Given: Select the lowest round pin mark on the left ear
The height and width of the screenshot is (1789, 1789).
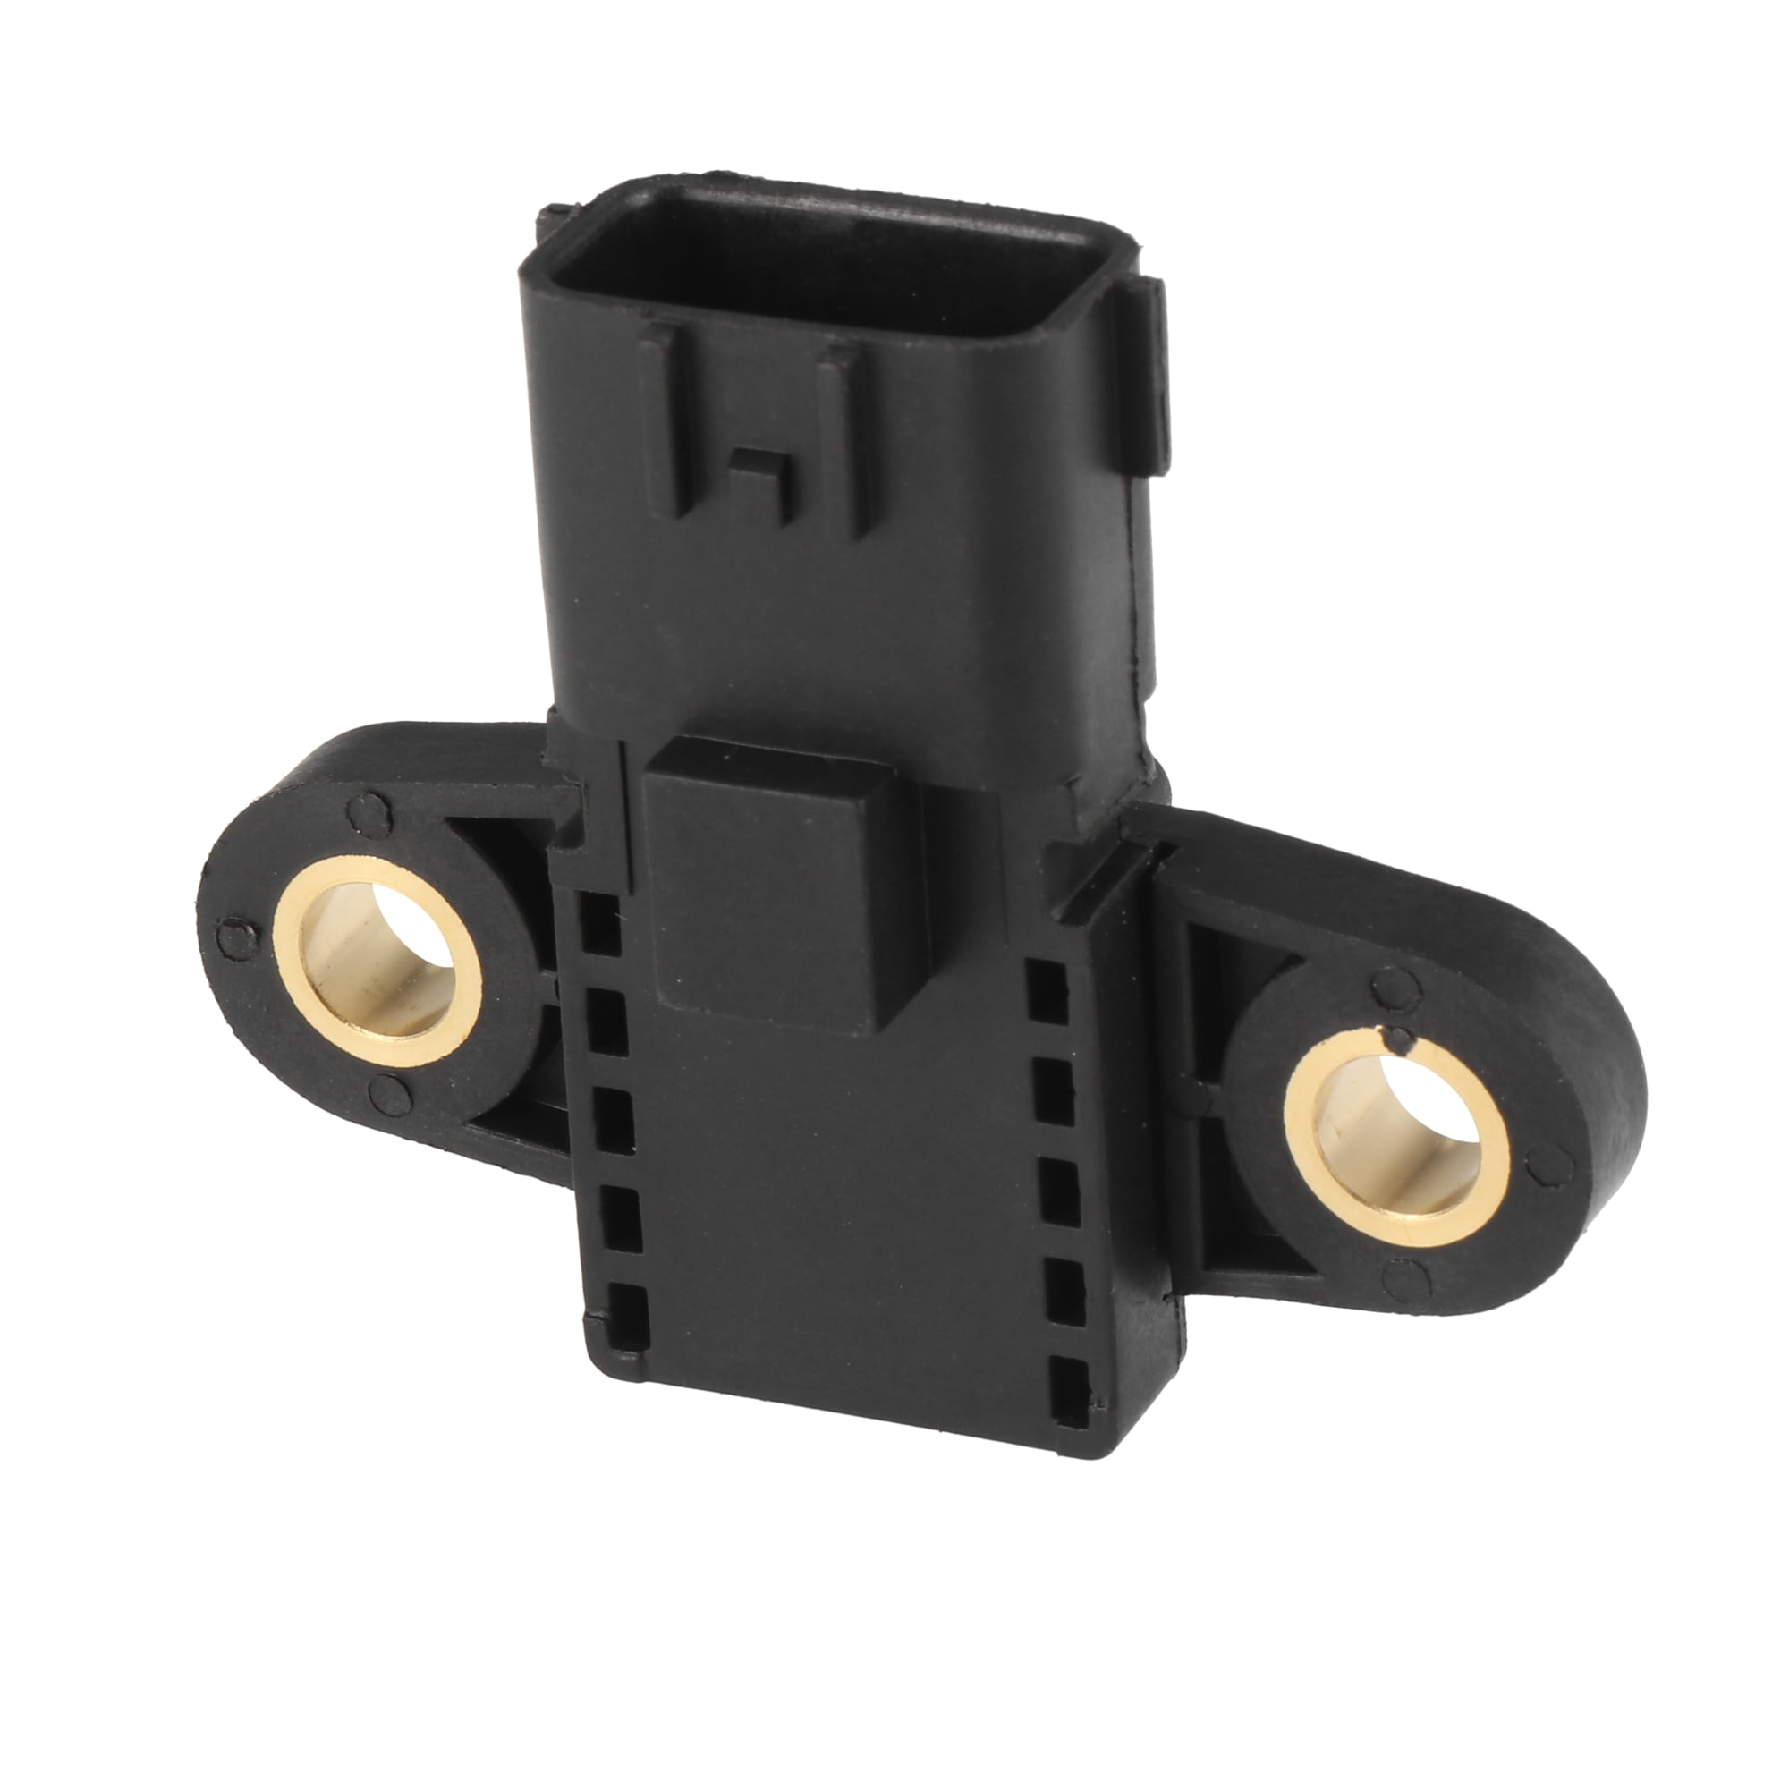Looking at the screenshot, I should (383, 1095).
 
